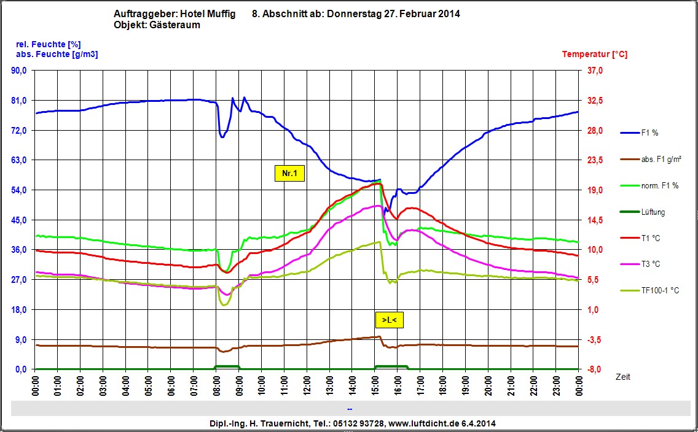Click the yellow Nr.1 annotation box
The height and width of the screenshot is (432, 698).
pos(289,174)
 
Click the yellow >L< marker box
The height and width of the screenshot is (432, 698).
pos(389,320)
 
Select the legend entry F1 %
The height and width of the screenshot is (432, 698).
pos(650,133)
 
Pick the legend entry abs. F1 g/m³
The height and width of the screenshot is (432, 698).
pos(661,160)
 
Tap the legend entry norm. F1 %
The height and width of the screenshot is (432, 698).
pos(659,186)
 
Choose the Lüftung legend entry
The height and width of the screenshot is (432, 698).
pos(653,212)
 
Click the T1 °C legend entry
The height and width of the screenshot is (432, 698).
pos(650,238)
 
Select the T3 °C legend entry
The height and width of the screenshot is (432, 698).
pos(650,264)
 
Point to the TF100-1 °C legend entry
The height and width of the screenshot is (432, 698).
pos(659,291)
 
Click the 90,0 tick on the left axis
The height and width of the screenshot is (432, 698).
pos(20,71)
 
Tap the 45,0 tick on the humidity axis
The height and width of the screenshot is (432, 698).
pos(20,220)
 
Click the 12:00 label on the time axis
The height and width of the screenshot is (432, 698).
pos(307,389)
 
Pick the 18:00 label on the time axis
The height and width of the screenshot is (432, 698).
pos(442,389)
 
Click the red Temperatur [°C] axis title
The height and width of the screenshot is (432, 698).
pos(594,54)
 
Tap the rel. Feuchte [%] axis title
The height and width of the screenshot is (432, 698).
pos(48,44)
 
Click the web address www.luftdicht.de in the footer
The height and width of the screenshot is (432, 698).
pos(425,423)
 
